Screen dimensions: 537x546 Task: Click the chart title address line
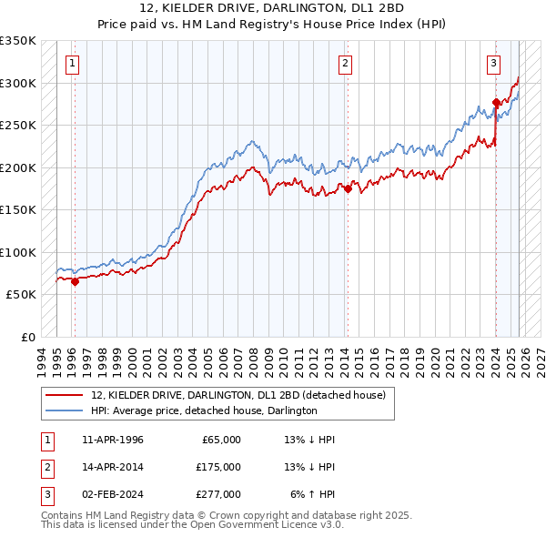click(x=272, y=9)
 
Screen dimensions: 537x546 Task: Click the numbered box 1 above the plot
click(x=72, y=63)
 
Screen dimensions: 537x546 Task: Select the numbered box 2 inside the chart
click(x=346, y=63)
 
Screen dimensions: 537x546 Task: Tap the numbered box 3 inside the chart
click(x=493, y=63)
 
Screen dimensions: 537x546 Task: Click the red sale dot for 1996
click(x=75, y=281)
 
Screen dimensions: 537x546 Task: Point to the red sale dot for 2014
click(x=348, y=188)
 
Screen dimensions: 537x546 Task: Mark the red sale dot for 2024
click(x=496, y=102)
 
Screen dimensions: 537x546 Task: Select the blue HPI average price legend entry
click(x=203, y=410)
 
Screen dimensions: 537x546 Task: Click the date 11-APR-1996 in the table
click(x=112, y=440)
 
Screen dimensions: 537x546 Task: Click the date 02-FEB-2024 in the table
click(x=112, y=494)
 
